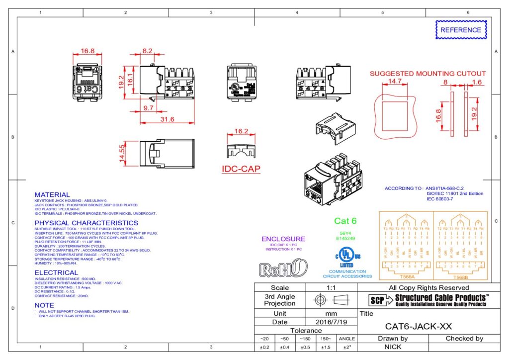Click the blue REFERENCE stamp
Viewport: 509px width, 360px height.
click(461, 30)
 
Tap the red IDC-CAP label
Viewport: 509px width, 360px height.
click(241, 169)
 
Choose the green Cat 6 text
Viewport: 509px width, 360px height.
click(345, 221)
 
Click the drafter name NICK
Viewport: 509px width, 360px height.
click(393, 347)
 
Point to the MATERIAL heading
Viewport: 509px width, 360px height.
click(52, 194)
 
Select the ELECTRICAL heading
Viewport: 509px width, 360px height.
click(56, 272)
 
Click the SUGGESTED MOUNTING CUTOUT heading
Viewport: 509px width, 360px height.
click(427, 74)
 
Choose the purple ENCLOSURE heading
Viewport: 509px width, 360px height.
click(283, 239)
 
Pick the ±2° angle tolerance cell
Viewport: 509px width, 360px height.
click(346, 347)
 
